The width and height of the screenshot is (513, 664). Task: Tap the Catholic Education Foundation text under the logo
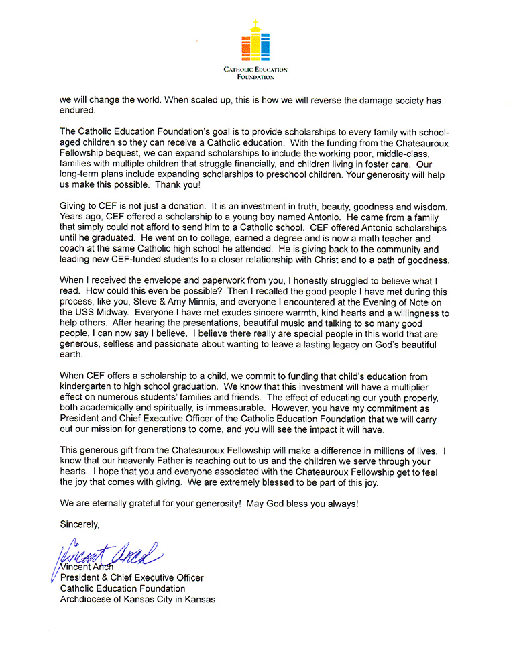coord(255,73)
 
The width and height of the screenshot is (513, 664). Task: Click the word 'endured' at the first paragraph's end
coord(78,111)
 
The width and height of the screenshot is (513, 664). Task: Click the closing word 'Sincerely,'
coord(80,524)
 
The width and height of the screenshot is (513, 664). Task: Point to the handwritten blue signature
coord(107,554)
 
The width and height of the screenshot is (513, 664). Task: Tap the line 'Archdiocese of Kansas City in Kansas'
coord(138,599)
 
